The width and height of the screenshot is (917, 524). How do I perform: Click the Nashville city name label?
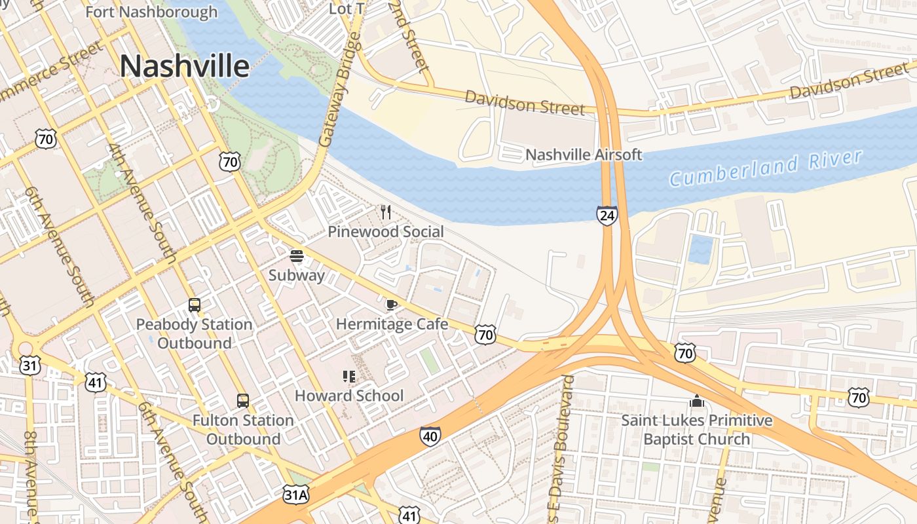(185, 67)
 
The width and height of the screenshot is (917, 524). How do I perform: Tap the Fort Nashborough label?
(151, 12)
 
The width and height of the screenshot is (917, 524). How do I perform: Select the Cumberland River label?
(766, 167)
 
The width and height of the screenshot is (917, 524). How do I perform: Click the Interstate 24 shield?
(607, 215)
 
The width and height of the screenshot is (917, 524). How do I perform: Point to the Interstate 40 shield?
(430, 436)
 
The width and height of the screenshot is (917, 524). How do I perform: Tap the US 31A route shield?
(295, 494)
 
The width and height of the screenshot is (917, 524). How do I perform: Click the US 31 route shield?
(29, 364)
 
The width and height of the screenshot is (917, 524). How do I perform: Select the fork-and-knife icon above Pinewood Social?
(386, 212)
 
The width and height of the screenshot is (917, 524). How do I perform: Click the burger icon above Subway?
(297, 256)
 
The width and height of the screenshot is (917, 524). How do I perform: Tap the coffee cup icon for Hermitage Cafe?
(391, 305)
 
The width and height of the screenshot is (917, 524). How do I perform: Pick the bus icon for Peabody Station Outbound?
(195, 305)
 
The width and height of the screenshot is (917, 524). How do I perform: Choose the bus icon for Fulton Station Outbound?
(242, 400)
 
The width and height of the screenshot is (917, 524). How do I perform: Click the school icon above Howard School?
(349, 376)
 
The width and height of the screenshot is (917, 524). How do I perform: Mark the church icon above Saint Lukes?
(696, 400)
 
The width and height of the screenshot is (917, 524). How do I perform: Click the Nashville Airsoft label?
(584, 155)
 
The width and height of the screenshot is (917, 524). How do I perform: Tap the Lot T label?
(347, 9)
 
